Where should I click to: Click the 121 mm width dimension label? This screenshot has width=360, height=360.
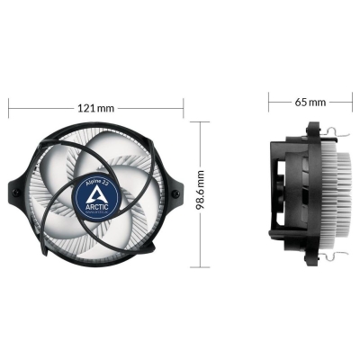(96, 108)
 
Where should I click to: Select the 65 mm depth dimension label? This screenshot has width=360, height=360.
(310, 101)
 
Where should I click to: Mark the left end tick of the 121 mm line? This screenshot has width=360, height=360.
(10, 108)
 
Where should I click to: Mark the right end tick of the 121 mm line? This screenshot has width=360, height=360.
(184, 108)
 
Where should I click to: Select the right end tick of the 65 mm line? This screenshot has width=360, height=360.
(350, 101)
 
